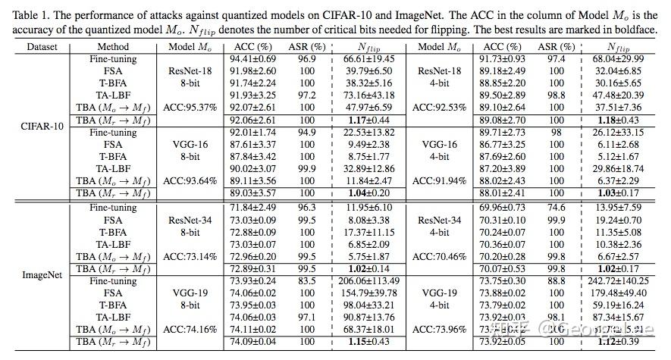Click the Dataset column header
[36, 46]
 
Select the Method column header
[114, 46]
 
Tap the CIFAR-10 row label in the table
[36, 125]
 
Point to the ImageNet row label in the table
[36, 274]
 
